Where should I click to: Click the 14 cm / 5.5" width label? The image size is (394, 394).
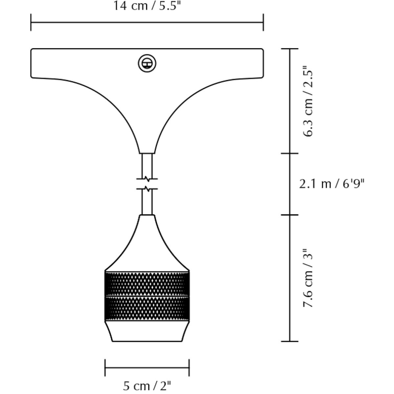[147, 6]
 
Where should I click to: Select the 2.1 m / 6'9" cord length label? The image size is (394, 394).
[332, 184]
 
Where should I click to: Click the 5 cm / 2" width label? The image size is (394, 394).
[147, 386]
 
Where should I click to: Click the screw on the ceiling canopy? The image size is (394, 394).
[147, 63]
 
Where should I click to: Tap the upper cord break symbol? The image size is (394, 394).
[147, 179]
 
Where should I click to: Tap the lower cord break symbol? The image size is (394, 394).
[147, 189]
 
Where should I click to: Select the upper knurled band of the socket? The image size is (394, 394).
[147, 284]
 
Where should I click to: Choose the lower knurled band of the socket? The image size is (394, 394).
[147, 309]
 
